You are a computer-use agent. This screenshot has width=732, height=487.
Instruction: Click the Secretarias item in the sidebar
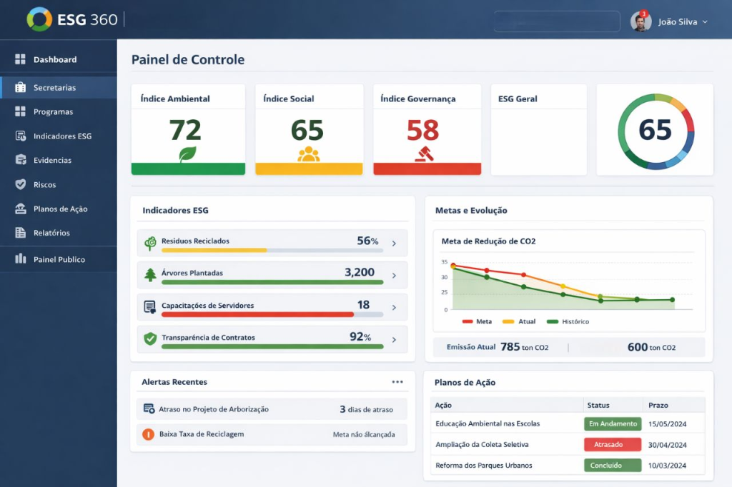pos(54,88)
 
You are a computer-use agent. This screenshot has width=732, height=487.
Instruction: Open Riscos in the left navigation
pos(44,185)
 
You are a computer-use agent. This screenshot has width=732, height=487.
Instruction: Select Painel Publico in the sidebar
pos(59,259)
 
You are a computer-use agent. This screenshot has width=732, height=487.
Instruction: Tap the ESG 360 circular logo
pos(39,19)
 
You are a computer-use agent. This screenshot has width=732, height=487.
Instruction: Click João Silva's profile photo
pos(641,21)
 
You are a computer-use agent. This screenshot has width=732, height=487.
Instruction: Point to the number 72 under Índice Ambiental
pos(185,130)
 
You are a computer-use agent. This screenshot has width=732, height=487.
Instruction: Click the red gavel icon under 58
pos(425,154)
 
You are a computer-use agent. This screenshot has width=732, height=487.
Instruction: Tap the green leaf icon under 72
pos(188,154)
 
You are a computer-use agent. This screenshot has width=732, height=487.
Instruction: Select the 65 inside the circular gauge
pos(655,130)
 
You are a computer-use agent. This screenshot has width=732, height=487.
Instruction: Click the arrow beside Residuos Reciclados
pos(394,243)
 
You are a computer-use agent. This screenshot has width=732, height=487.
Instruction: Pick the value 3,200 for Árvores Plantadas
pos(360,272)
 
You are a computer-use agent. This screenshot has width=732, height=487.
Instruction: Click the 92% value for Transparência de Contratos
pos(360,337)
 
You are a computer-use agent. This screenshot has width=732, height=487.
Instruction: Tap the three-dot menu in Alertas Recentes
pos(397,381)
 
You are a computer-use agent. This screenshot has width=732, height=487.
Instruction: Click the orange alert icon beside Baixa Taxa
pos(149,434)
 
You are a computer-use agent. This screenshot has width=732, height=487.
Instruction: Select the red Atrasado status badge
pos(613,445)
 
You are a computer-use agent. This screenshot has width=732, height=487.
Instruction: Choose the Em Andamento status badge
pos(613,423)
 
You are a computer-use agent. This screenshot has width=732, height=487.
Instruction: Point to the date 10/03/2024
pos(667,466)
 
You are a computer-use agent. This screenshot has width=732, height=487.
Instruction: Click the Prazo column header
pos(658,405)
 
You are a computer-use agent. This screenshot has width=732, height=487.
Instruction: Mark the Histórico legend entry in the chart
pos(568,321)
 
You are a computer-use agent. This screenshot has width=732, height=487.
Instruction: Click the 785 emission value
pos(510,346)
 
